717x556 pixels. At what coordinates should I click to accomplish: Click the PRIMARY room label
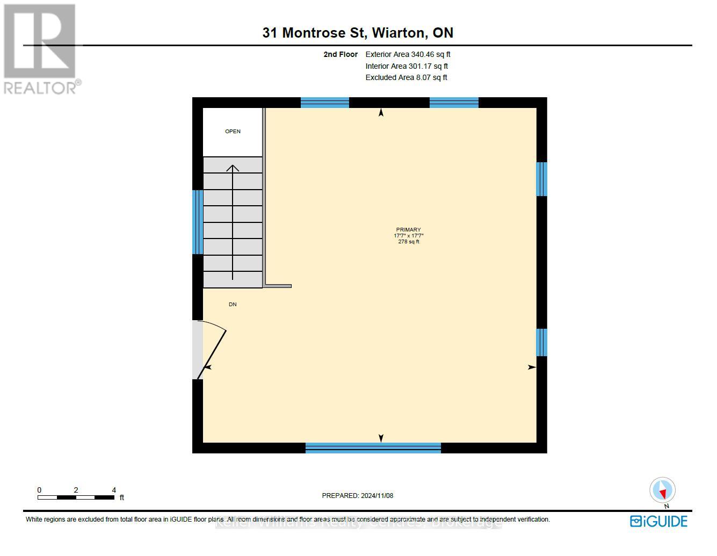pos(408,230)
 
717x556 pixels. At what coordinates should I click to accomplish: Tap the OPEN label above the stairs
pos(233,132)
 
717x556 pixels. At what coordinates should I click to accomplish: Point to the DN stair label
pos(233,305)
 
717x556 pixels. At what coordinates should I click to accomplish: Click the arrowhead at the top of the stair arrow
pos(233,168)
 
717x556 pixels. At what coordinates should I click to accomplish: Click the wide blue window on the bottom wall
pos(373,448)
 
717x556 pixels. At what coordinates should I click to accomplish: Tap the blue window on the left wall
pos(198,222)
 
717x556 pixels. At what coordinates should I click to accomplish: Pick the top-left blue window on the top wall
pos(325,103)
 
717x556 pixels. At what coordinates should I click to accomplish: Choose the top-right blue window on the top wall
pos(454,103)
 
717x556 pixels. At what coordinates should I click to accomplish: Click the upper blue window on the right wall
pos(542,179)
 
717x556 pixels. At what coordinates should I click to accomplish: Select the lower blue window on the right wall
pos(542,342)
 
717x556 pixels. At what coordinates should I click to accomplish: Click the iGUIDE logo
pos(658,521)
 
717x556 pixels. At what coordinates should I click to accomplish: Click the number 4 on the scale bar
pos(114,490)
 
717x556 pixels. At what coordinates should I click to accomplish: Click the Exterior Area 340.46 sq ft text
pos(408,54)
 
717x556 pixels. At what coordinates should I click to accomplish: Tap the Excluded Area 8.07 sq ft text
pos(406,77)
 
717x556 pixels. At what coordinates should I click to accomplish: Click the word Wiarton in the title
pos(399,33)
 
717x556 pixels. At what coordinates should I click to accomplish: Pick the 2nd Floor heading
pos(341,54)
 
